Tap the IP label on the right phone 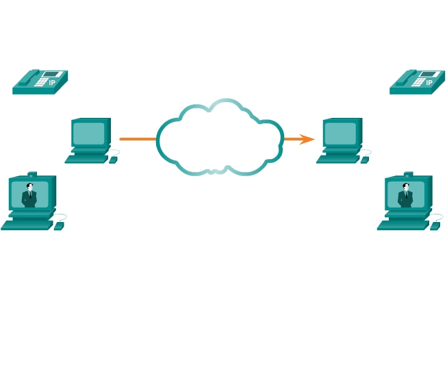429,82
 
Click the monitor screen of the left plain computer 88,132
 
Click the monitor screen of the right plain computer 340,132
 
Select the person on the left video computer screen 29,195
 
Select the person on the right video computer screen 406,195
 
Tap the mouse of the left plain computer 113,160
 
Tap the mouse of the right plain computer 365,160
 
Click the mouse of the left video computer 59,226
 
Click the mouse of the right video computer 435,226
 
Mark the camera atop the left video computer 31,174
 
